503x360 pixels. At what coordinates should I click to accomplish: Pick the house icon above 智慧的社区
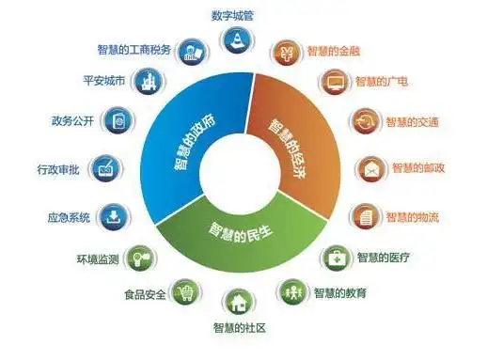pos(240,303)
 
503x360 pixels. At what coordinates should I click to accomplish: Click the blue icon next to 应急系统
pos(113,216)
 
